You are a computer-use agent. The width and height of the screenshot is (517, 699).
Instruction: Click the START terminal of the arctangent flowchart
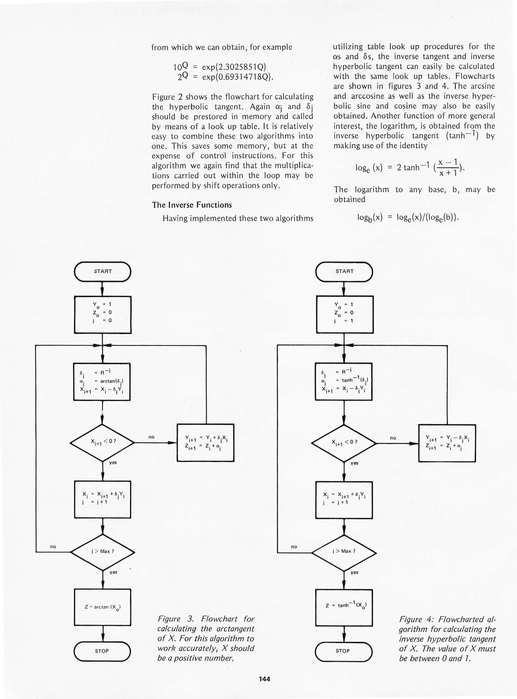[x=102, y=272]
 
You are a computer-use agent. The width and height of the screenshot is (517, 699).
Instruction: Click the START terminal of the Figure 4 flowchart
[x=344, y=272]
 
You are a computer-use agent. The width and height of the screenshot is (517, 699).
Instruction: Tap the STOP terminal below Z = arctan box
[x=102, y=651]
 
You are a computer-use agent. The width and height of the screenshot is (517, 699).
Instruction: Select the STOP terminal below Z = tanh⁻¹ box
[x=343, y=651]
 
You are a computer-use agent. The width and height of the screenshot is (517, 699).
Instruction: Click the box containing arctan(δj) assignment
[x=102, y=382]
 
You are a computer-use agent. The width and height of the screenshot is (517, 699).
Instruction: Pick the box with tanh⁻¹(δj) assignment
[x=344, y=382]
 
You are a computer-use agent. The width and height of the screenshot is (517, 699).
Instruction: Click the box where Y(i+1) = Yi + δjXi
[x=205, y=443]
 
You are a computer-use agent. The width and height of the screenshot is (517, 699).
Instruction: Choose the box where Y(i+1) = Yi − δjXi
[x=447, y=443]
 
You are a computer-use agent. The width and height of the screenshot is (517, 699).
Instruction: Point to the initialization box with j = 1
[x=345, y=314]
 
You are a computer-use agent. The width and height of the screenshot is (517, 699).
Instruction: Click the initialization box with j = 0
[x=103, y=314]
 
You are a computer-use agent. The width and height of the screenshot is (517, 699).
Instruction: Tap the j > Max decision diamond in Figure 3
[x=102, y=552]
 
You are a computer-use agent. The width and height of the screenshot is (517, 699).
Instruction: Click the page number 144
[x=264, y=679]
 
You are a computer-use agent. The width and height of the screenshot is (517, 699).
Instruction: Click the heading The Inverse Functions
[x=192, y=205]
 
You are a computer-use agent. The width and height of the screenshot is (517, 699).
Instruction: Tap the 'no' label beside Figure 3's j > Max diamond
[x=53, y=547]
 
